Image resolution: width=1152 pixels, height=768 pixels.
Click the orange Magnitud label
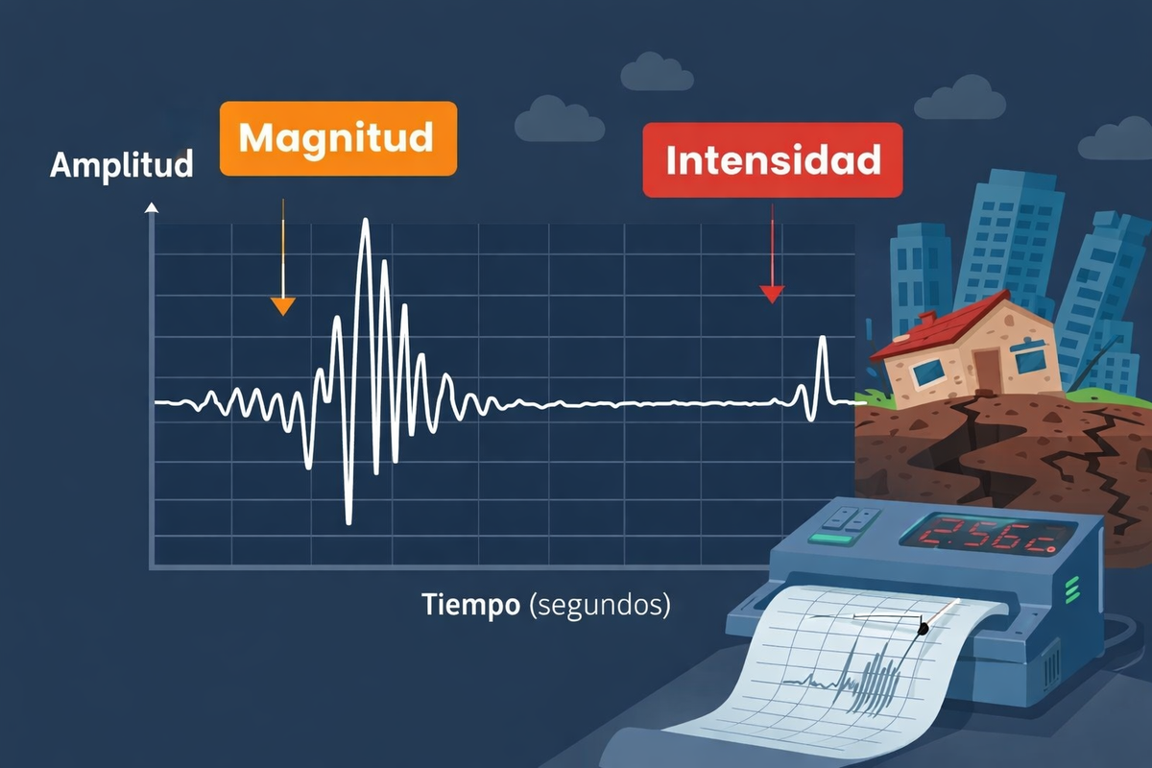point(338,138)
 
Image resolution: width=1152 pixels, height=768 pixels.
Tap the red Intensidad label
point(773,160)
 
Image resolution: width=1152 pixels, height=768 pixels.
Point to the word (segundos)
point(600,606)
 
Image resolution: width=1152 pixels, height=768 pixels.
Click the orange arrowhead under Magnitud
point(282,306)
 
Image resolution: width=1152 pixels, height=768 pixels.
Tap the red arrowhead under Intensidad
point(772,294)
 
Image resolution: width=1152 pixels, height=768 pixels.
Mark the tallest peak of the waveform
point(365,223)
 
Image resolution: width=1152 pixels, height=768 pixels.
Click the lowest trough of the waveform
point(348,520)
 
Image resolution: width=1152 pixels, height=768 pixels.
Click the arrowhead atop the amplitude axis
point(151,207)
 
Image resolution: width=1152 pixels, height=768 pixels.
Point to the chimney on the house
point(927,318)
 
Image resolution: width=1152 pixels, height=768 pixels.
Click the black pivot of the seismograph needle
point(924,628)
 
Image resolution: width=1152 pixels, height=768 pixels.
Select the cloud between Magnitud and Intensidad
point(560,120)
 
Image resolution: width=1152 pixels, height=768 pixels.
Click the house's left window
point(928,372)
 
